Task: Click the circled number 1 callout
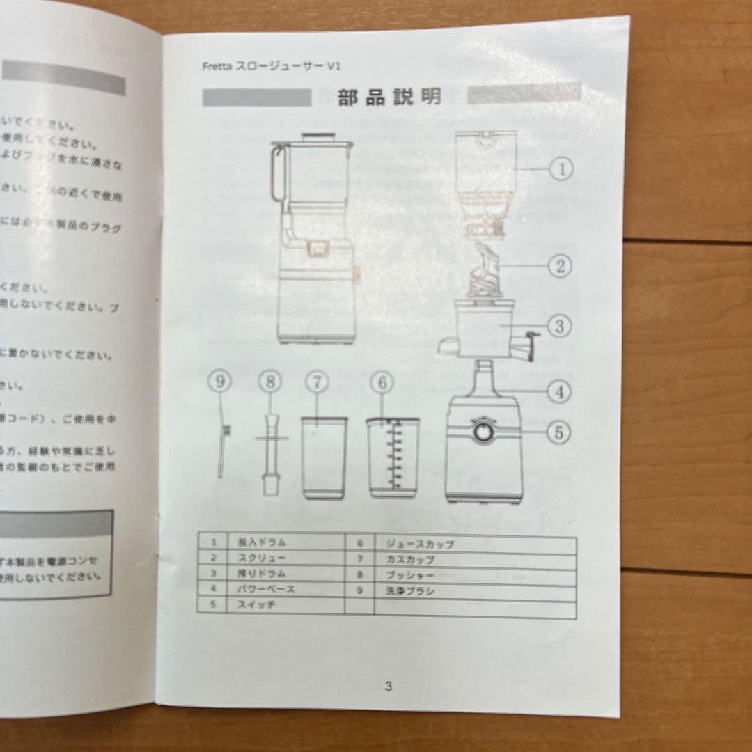[x=561, y=168]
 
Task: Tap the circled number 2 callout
[x=559, y=265]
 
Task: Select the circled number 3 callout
[x=559, y=324]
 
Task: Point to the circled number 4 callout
[x=559, y=391]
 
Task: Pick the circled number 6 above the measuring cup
[x=382, y=382]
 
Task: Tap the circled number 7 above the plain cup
[x=316, y=382]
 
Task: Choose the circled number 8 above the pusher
[x=269, y=382]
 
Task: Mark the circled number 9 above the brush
[x=220, y=381]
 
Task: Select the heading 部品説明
[x=390, y=96]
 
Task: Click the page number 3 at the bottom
[x=389, y=686]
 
